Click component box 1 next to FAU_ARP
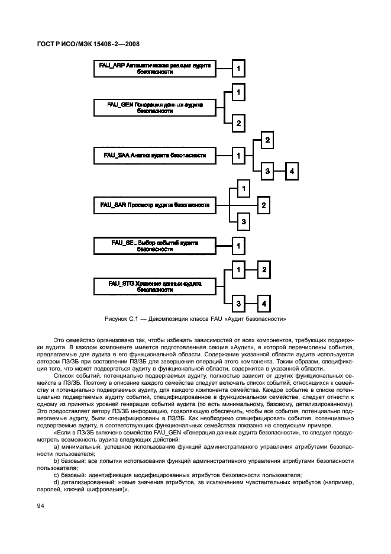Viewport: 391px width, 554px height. click(x=238, y=69)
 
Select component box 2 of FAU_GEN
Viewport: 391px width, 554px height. click(x=238, y=123)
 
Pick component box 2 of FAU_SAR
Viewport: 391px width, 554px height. click(x=264, y=205)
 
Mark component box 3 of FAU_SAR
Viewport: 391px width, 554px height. click(x=243, y=221)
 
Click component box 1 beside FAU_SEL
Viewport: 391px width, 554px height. click(x=238, y=244)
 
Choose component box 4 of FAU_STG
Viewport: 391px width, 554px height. click(x=264, y=303)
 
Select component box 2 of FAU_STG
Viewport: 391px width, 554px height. click(x=264, y=270)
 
